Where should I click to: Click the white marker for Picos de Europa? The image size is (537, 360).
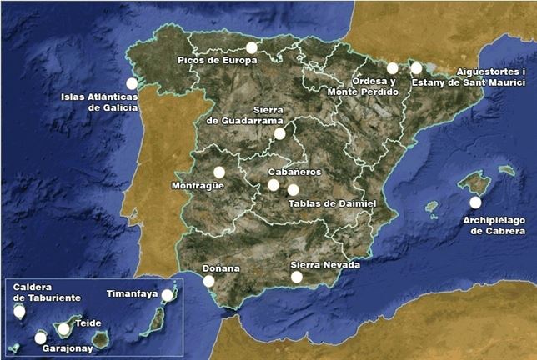point(252,47)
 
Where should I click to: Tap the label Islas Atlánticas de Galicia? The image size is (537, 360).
point(98,102)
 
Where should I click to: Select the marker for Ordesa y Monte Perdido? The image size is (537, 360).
point(393,68)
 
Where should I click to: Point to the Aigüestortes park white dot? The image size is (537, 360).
point(416,67)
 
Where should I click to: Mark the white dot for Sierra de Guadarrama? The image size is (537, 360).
point(279,133)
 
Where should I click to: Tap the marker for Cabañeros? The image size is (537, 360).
point(274,185)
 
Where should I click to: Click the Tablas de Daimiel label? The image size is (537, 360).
point(332,202)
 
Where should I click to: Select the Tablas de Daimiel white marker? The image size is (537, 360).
point(293,190)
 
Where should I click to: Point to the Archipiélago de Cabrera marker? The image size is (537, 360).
point(475,202)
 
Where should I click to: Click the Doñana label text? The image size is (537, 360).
point(221,268)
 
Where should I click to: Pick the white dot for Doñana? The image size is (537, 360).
point(208,282)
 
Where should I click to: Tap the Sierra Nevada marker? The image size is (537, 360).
point(296,277)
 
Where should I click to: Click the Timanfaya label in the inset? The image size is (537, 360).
point(133,293)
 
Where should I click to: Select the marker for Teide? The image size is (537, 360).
point(63,329)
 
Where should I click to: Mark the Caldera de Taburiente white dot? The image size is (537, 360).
point(19,312)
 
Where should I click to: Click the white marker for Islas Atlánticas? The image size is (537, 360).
point(132,83)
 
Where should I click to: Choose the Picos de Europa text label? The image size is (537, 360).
point(217,61)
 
